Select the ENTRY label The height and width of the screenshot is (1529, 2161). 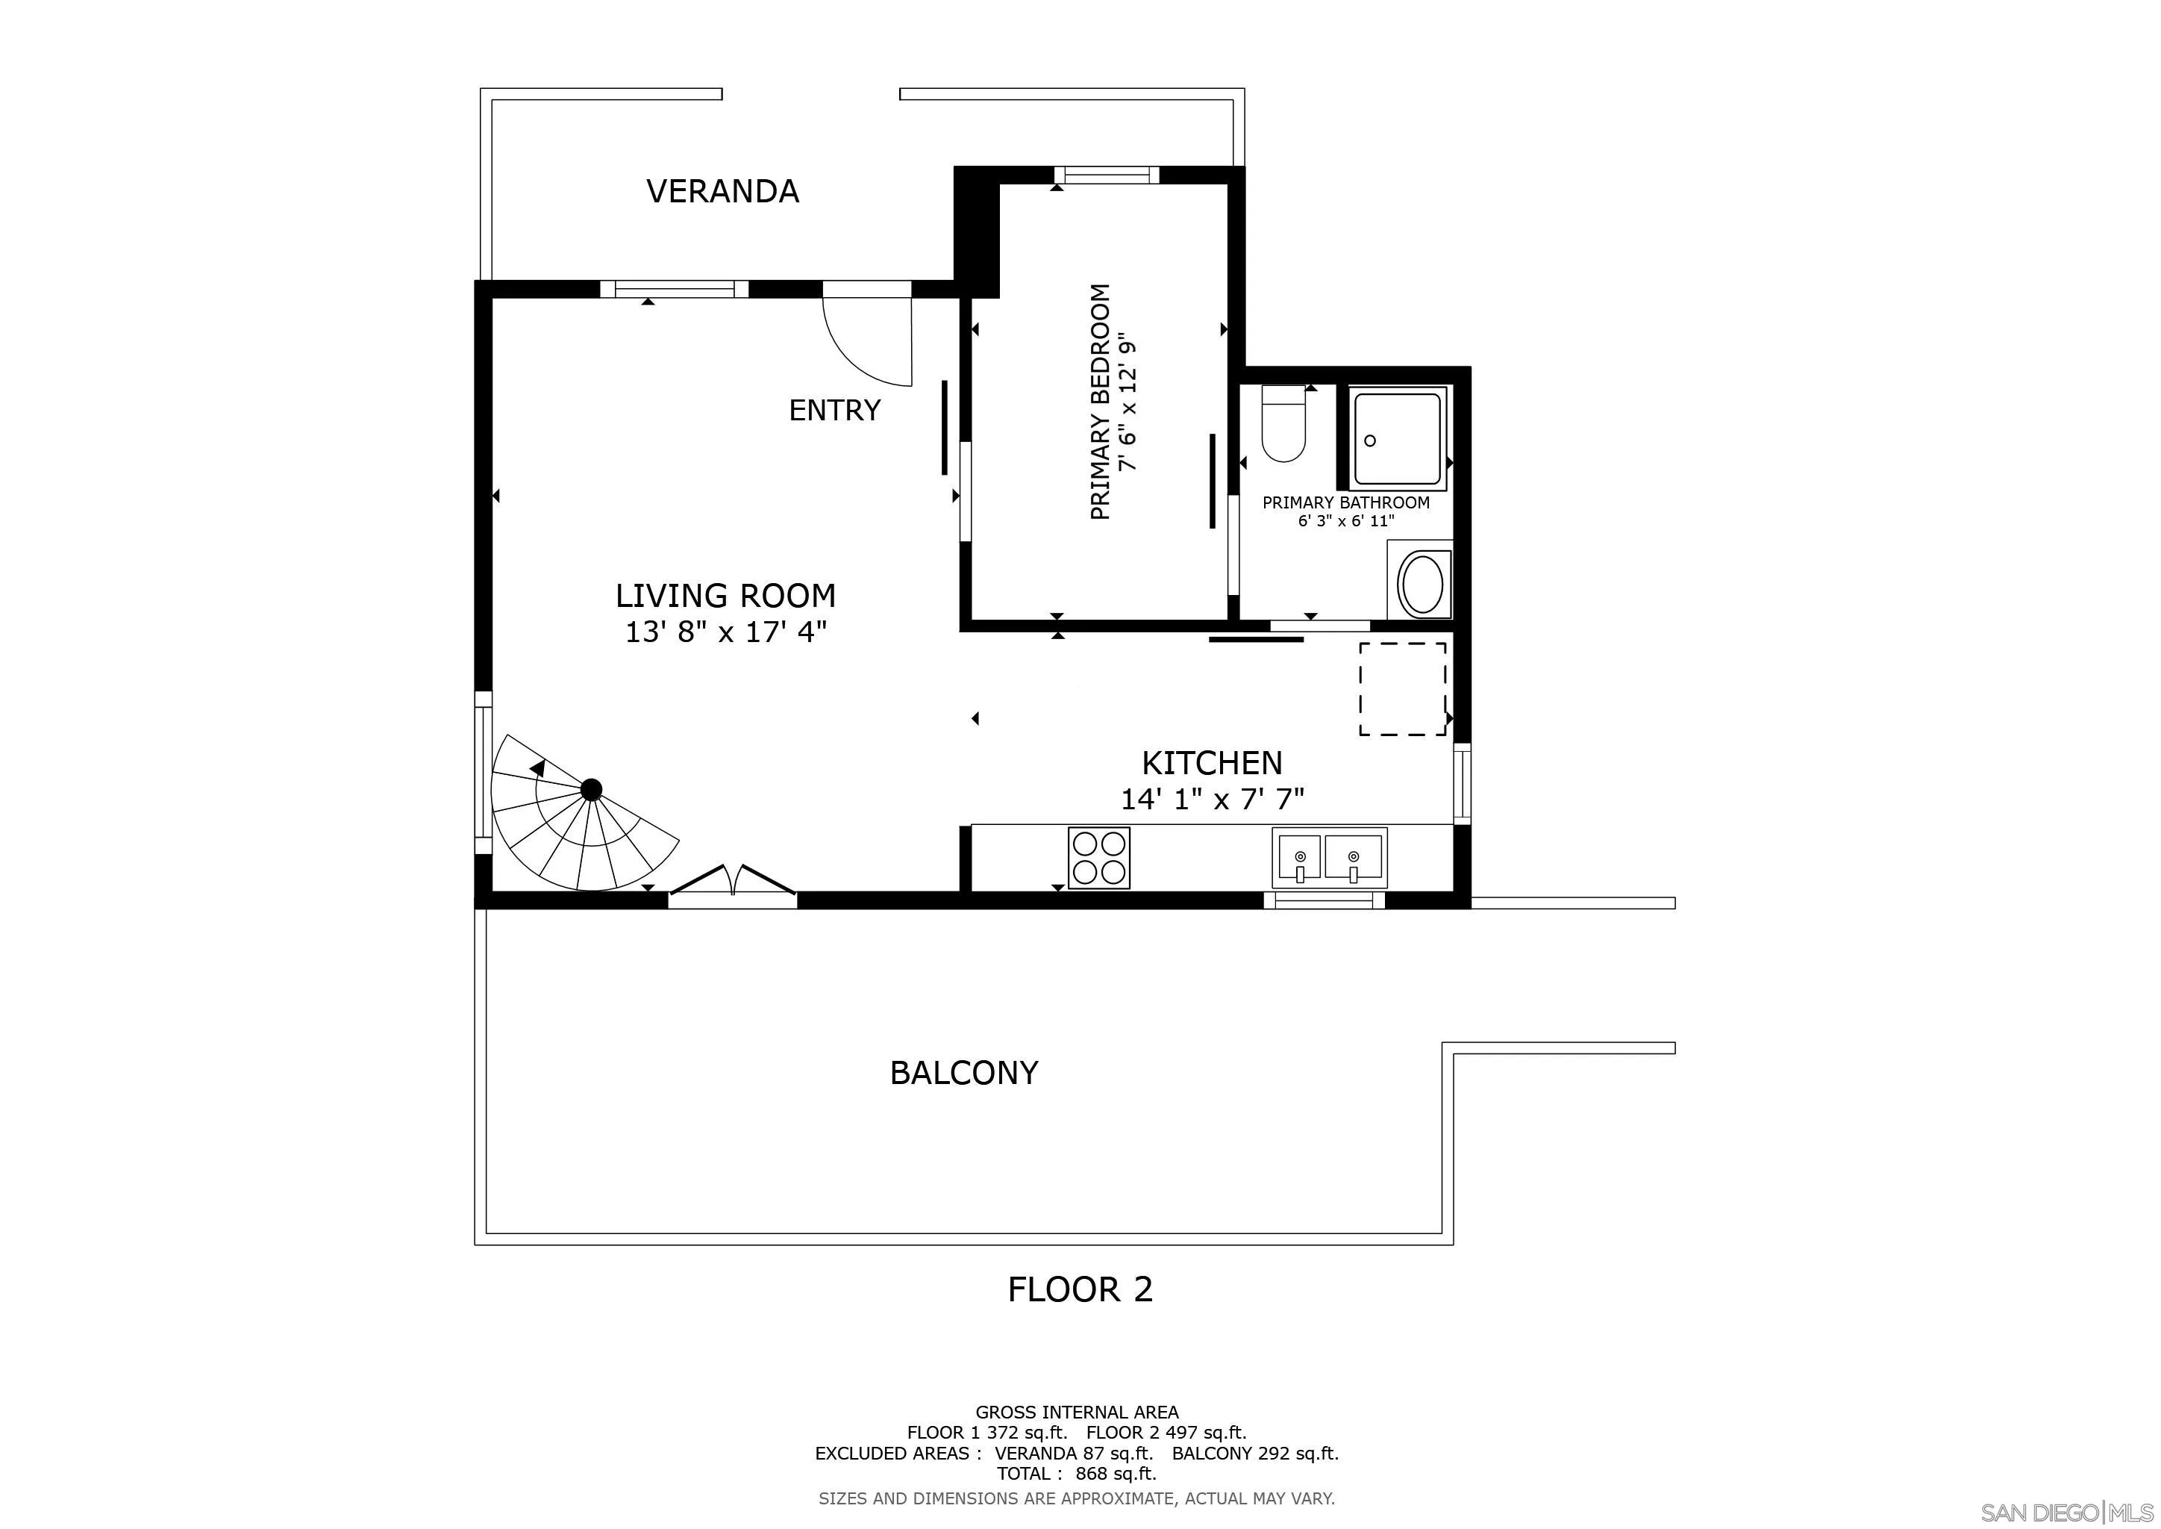pyautogui.click(x=834, y=410)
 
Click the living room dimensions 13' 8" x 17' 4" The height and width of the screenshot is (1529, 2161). pyautogui.click(x=725, y=631)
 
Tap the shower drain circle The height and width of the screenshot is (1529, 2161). pyautogui.click(x=1370, y=440)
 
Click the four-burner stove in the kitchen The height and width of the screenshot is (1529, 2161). pyautogui.click(x=1098, y=857)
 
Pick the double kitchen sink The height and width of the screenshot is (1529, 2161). pyautogui.click(x=1329, y=857)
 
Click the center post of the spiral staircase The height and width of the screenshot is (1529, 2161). pyautogui.click(x=591, y=789)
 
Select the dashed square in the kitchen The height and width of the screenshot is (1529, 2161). pyautogui.click(x=1402, y=689)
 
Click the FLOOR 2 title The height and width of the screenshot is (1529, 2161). pyautogui.click(x=1080, y=1289)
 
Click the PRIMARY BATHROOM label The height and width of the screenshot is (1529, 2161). pyautogui.click(x=1346, y=502)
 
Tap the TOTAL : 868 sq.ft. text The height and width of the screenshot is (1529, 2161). pyautogui.click(x=1077, y=1474)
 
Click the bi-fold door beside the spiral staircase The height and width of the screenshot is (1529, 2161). pyautogui.click(x=732, y=880)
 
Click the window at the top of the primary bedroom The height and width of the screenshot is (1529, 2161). pyautogui.click(x=1106, y=175)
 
